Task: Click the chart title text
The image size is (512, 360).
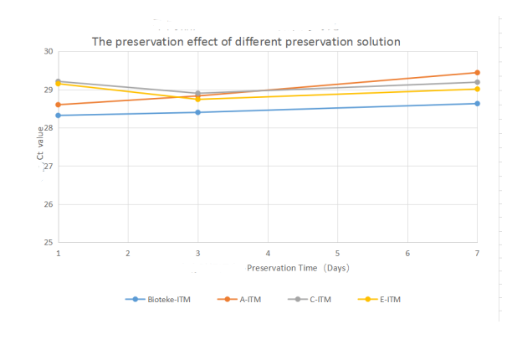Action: point(246,41)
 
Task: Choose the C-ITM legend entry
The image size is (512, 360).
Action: point(307,298)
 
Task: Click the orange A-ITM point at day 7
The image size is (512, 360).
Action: point(477,73)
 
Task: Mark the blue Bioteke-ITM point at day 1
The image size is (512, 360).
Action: point(58,116)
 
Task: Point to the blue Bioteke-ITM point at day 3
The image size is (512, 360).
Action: point(197,112)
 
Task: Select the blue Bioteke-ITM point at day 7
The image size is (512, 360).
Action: point(477,104)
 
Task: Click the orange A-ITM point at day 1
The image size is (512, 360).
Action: point(58,105)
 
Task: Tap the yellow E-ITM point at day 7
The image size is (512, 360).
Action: point(477,89)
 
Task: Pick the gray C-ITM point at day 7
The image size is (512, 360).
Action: point(477,82)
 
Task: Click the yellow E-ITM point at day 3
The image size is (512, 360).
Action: point(197,99)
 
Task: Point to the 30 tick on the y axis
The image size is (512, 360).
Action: point(48,52)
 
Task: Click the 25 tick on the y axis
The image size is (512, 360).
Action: point(48,243)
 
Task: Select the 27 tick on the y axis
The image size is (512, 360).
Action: point(48,167)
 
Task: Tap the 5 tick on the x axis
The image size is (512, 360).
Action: point(337,253)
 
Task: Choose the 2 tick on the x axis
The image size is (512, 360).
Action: point(128,253)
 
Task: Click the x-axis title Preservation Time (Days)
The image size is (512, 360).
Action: point(297,268)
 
